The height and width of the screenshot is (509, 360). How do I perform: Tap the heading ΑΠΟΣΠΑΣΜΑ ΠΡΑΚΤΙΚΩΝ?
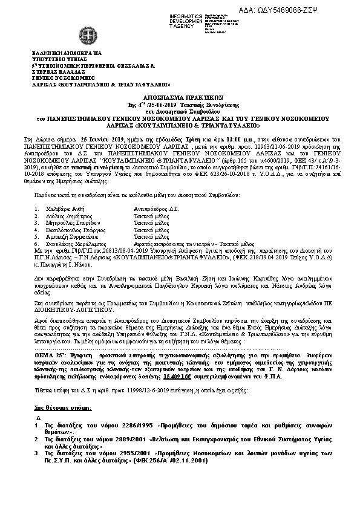click(179, 96)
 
